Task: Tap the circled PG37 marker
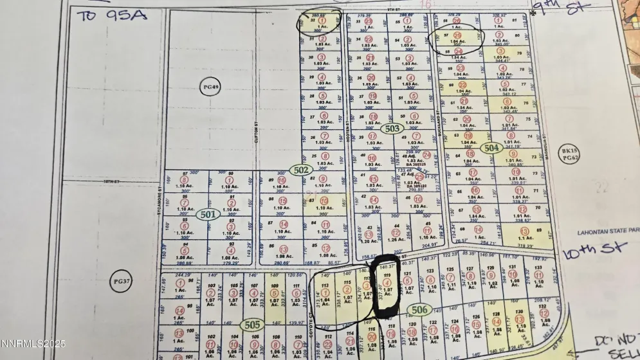click(117, 281)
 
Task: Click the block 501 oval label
click(206, 214)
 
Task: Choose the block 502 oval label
click(300, 170)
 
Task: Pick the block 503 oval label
click(392, 129)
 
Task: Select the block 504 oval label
click(492, 148)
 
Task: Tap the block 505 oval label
click(252, 325)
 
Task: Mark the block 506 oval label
click(419, 310)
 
